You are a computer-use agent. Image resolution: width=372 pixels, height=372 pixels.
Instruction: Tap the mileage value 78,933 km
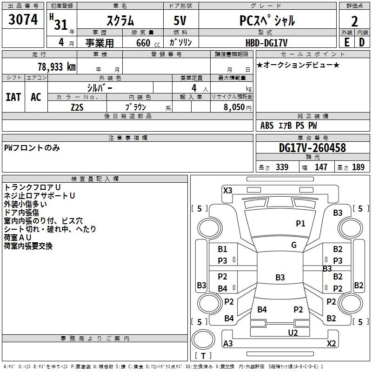tap(56, 67)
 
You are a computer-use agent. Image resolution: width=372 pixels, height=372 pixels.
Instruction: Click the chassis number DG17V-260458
tap(312, 148)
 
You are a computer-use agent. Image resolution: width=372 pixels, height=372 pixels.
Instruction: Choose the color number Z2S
tap(77, 107)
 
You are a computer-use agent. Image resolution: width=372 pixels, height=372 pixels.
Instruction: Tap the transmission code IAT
tap(13, 97)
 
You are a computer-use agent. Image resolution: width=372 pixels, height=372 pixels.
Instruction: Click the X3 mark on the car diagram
tap(228, 190)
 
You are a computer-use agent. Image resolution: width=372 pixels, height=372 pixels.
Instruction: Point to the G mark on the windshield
tap(294, 245)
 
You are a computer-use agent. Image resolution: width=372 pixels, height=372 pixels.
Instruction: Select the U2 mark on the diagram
tap(293, 332)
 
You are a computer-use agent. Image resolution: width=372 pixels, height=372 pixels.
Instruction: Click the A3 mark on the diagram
tap(228, 344)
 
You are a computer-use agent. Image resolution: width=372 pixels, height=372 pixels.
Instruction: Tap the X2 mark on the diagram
tap(332, 344)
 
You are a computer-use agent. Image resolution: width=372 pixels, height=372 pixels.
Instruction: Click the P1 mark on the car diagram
tap(300, 224)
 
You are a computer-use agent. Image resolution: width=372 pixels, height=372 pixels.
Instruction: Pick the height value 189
tap(359, 167)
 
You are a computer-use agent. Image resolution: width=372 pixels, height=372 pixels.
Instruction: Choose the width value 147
tap(321, 167)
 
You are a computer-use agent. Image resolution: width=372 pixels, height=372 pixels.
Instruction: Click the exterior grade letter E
tap(346, 42)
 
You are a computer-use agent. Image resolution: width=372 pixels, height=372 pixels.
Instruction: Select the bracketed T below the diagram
tap(204, 356)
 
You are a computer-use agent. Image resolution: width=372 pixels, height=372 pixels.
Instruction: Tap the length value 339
tap(282, 167)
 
